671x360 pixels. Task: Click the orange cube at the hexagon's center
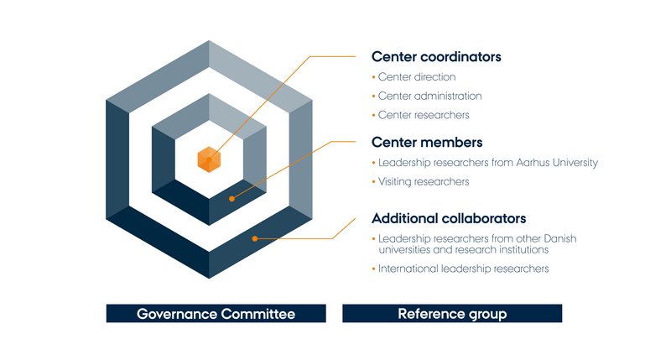209,159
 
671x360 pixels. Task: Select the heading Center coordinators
436,58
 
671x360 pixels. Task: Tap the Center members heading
427,143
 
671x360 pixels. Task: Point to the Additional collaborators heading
449,218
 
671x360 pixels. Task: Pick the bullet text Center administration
430,97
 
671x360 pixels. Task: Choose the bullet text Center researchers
424,115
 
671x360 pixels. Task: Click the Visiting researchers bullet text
424,181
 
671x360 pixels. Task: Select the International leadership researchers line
463,269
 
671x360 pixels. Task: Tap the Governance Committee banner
216,314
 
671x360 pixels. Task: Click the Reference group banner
452,314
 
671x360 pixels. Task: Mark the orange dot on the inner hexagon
232,199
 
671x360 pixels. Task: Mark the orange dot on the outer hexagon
254,238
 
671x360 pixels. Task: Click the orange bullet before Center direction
373,77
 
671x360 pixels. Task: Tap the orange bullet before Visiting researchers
373,181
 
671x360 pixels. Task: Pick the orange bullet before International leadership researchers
373,269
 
